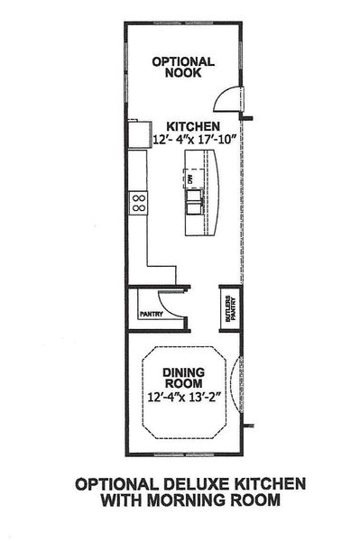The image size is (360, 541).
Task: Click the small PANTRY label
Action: point(149,315)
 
